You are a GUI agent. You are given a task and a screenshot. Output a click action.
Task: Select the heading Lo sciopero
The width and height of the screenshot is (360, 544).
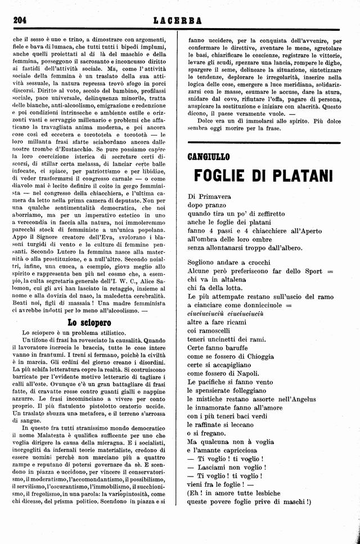coord(89,323)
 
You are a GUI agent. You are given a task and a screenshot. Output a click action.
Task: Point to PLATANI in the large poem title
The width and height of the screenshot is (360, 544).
coord(303,176)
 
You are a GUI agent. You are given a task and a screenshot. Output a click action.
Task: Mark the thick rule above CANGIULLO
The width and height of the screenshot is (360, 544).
coord(264,143)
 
